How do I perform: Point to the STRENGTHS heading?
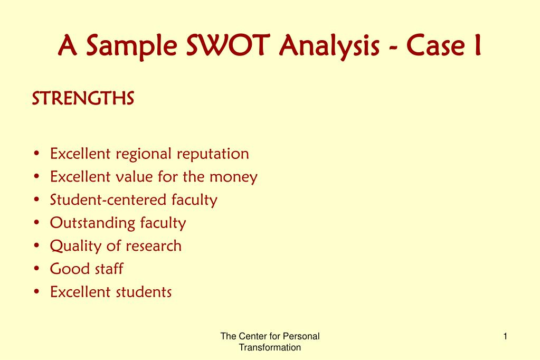click(83, 98)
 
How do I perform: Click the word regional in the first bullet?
click(143, 154)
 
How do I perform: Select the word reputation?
click(213, 154)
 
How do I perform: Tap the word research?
click(153, 246)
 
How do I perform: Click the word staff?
click(109, 269)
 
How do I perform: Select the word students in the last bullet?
click(144, 292)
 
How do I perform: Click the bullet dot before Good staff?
click(37, 269)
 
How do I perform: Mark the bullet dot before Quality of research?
click(37, 245)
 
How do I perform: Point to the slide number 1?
click(505, 336)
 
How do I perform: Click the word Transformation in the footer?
click(270, 347)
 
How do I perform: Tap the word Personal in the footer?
click(301, 336)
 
